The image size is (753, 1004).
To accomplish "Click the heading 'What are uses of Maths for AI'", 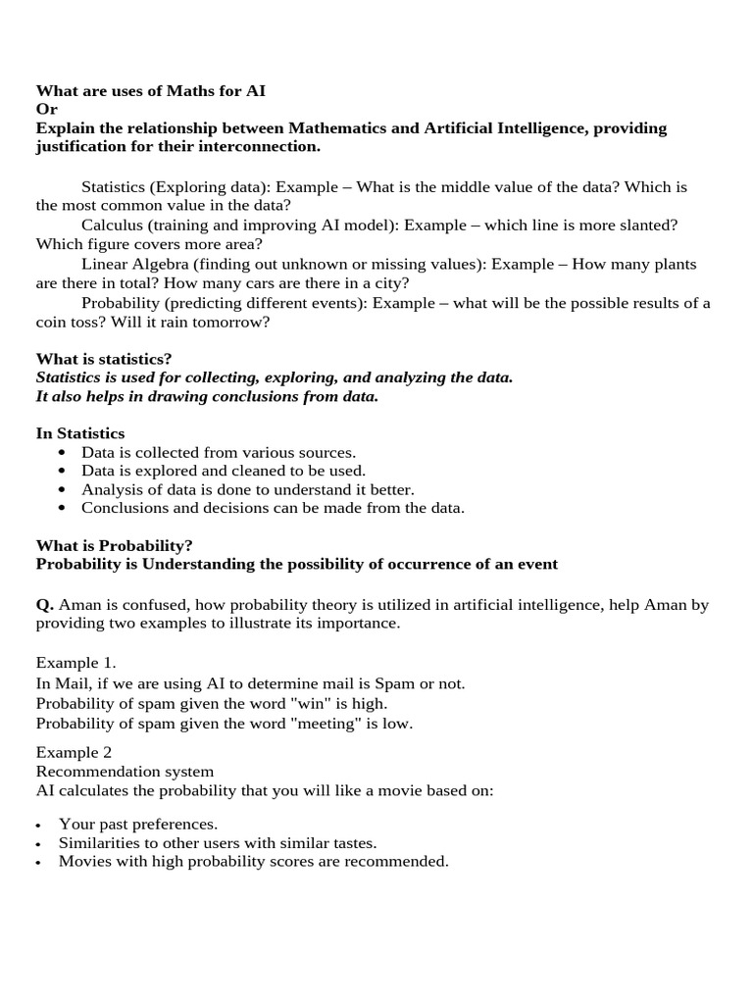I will coord(150,91).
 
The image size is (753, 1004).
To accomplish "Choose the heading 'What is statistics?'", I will coord(104,359).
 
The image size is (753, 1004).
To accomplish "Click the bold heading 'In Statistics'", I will coord(80,433).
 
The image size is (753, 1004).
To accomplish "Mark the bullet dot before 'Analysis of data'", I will coord(63,489).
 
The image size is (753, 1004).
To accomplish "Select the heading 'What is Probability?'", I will coord(115,545).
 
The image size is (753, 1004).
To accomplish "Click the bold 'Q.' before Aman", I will coord(45,605).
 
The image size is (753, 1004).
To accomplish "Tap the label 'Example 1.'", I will coord(75,663).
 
